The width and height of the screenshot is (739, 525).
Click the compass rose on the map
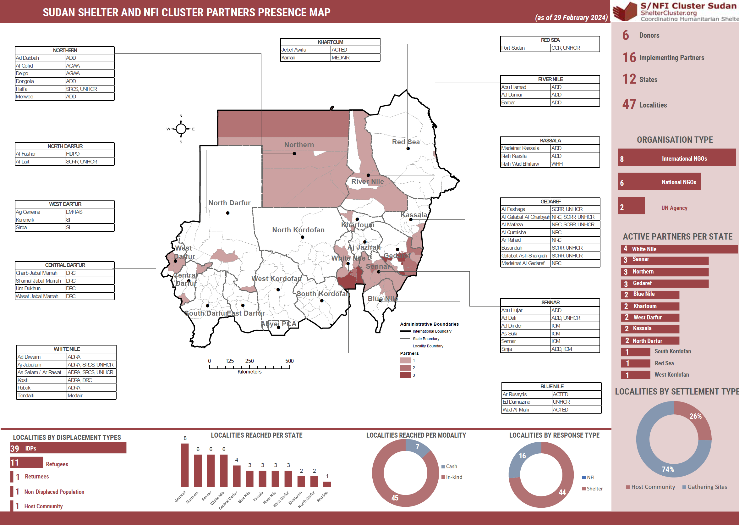(x=181, y=129)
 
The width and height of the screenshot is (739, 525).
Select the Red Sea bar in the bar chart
(x=327, y=484)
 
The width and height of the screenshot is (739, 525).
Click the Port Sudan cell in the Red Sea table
(x=525, y=48)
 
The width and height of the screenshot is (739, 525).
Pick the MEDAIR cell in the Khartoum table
(x=355, y=58)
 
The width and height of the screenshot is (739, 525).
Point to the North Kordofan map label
(x=298, y=230)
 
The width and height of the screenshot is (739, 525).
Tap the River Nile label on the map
(x=367, y=181)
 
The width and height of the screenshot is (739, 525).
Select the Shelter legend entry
(x=594, y=489)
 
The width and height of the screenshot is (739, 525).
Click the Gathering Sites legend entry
(x=706, y=487)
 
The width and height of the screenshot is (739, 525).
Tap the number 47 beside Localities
(x=629, y=104)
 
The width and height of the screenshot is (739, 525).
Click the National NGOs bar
(x=659, y=182)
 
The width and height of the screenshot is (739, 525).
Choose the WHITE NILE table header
(x=67, y=349)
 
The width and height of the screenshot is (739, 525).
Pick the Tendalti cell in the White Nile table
(x=41, y=396)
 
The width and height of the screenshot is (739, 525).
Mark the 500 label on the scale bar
(x=289, y=361)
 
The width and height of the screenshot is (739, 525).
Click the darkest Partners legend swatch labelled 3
(x=405, y=375)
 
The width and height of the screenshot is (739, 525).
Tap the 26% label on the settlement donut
(x=695, y=416)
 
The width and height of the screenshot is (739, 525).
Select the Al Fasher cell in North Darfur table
(x=40, y=154)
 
